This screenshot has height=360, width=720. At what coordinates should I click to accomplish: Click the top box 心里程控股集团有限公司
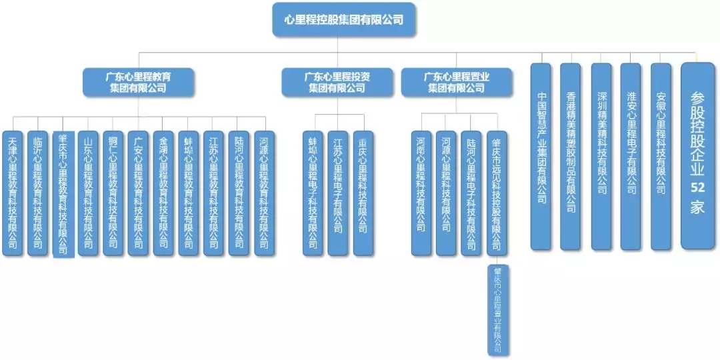point(344,19)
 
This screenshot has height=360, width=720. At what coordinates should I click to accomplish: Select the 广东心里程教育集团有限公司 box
point(138,82)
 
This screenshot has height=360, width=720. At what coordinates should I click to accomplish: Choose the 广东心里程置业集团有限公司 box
point(456,82)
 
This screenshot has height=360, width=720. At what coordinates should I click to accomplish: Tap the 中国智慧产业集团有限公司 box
point(541,157)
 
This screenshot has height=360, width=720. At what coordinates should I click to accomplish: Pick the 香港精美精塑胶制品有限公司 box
point(571,157)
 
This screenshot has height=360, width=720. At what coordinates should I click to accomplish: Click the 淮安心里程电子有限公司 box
point(631,157)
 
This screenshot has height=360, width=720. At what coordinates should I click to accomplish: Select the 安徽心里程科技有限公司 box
point(661,157)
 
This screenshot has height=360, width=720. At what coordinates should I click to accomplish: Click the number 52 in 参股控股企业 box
point(697,188)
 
